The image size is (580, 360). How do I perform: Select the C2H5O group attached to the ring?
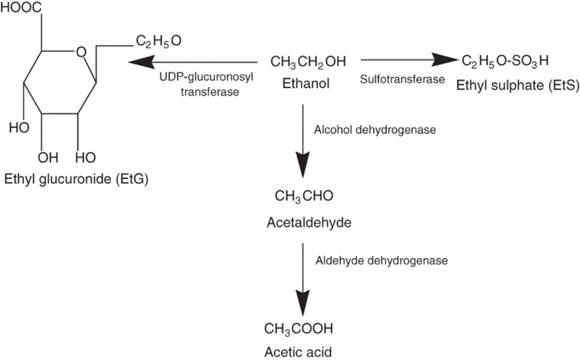tap(158, 42)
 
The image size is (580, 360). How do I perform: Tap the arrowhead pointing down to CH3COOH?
tap(302, 302)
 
